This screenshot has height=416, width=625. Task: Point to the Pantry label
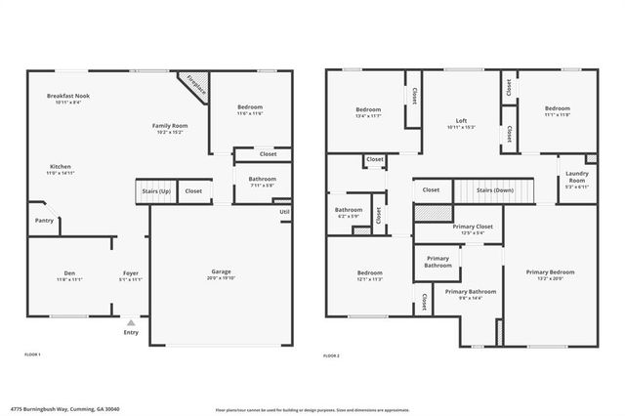click(44, 221)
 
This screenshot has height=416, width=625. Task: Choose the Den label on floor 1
click(69, 272)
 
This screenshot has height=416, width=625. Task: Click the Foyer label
click(131, 272)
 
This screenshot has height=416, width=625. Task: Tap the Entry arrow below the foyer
click(131, 322)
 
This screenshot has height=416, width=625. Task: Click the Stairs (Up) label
click(156, 191)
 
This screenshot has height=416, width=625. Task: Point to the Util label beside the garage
click(284, 212)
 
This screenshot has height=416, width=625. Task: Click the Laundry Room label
click(576, 176)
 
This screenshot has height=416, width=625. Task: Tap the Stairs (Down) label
click(495, 189)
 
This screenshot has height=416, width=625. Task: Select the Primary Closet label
click(473, 228)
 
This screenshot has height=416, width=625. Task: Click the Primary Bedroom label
click(550, 272)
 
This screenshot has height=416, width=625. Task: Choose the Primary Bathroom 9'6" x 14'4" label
click(471, 293)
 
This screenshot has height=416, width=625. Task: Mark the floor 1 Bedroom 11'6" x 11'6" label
click(250, 109)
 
